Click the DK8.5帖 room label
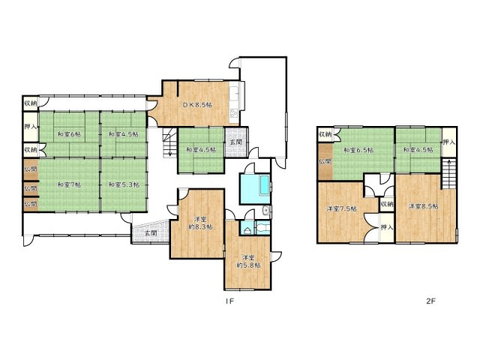[197, 105]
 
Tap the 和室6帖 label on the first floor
[69, 134]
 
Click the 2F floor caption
[430, 301]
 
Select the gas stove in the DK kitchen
[234, 114]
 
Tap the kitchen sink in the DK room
[235, 96]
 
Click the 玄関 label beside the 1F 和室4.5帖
[235, 142]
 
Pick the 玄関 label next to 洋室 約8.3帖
[149, 233]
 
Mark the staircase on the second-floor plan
[449, 177]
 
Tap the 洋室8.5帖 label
[424, 205]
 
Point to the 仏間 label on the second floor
[324, 161]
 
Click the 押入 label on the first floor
[30, 127]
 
